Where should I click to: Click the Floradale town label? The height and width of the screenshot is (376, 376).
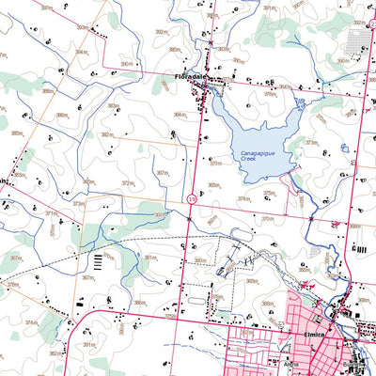point(190,76)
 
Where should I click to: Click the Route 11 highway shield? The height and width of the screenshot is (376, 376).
point(191,199)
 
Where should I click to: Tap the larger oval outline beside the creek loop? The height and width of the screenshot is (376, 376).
point(224,267)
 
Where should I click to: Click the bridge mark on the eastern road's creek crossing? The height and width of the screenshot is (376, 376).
point(311,218)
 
